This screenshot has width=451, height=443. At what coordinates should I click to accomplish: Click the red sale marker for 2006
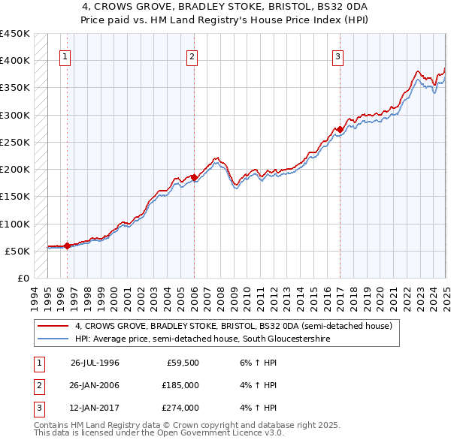coord(194,177)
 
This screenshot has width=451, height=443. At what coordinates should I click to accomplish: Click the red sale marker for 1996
coord(67,245)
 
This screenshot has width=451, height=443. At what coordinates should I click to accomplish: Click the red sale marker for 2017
coord(340,129)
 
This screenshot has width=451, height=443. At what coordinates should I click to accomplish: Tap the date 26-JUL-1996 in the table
coord(95,362)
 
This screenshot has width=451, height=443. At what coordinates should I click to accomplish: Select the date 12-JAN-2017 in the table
coord(95,408)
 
